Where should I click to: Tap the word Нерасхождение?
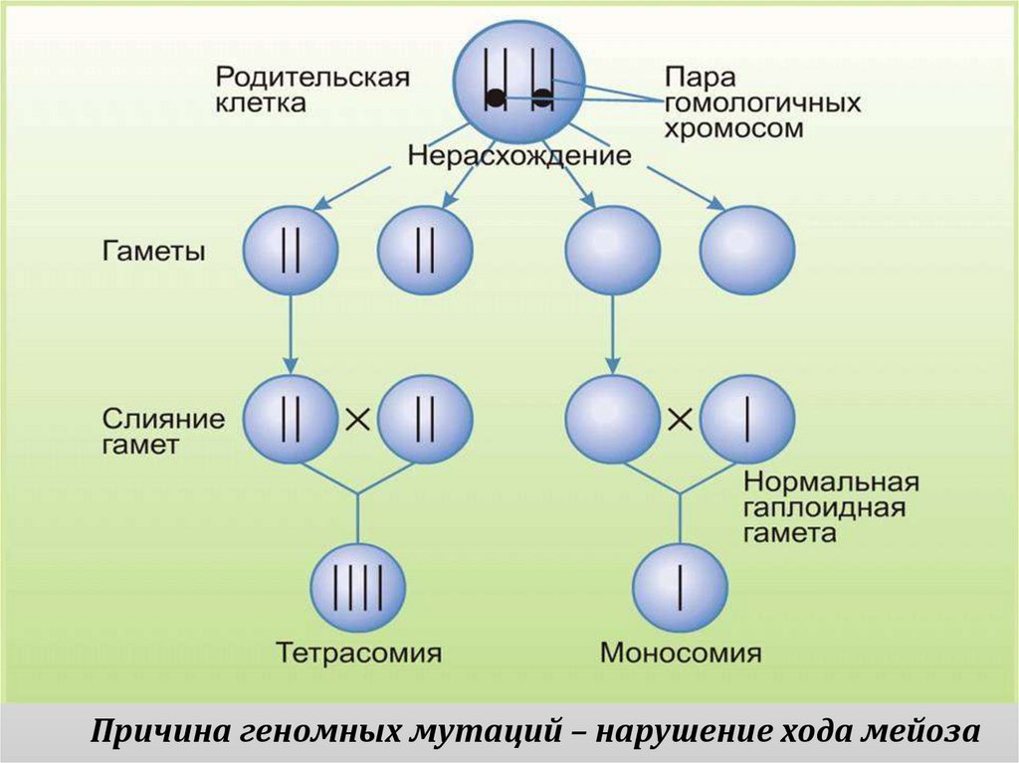[519, 156]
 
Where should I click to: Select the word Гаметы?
[153, 251]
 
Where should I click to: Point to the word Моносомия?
[681, 654]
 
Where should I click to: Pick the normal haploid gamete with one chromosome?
[746, 419]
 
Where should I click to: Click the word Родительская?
[313, 77]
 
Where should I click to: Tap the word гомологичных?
[762, 103]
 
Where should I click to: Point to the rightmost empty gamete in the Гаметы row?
[746, 250]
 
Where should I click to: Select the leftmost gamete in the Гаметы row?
[291, 250]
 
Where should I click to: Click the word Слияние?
[163, 415]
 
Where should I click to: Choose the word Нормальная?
[830, 483]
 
